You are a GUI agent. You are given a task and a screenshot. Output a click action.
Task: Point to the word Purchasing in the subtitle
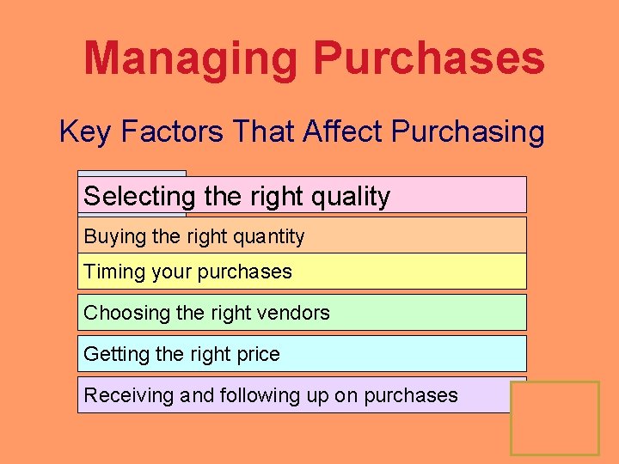click(468, 132)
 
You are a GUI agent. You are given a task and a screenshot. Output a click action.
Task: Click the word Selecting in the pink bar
click(140, 197)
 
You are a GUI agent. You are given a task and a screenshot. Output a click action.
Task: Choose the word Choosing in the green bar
click(126, 313)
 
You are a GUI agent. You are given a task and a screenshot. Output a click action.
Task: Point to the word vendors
click(292, 313)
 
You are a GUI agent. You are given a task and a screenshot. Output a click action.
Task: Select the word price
click(256, 354)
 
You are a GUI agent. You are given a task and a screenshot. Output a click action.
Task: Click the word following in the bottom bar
click(257, 395)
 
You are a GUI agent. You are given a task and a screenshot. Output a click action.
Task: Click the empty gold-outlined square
click(555, 418)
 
